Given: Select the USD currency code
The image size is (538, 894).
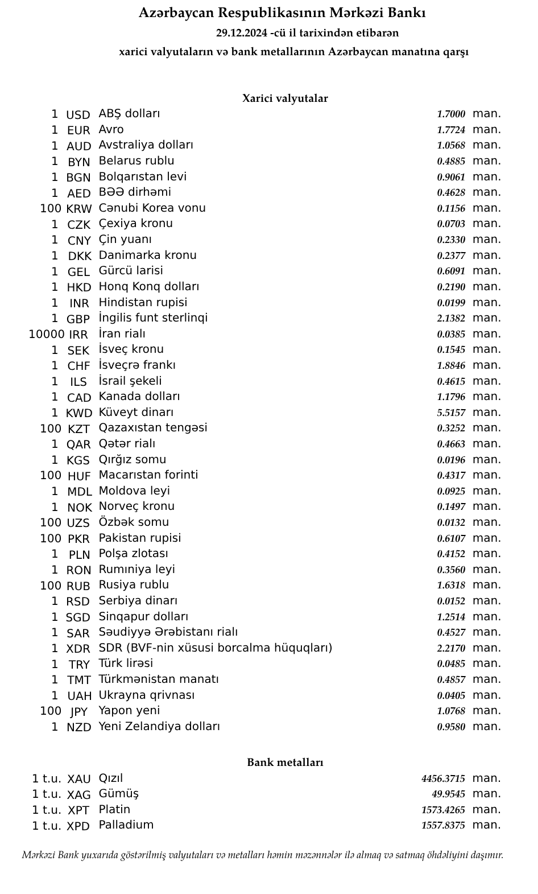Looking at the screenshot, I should pos(78,115).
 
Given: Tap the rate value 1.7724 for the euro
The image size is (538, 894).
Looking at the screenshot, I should pos(451,130).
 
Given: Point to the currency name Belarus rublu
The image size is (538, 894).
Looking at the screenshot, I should pos(136,161).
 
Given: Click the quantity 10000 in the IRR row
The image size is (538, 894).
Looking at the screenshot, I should pos(46,334).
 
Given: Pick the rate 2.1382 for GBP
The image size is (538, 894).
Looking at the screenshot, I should pos(451,318).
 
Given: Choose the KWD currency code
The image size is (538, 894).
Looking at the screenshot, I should pos(78,413).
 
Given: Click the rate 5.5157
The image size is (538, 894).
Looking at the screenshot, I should pos(451,413).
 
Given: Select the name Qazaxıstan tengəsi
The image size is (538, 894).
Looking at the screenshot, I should pos(153,428).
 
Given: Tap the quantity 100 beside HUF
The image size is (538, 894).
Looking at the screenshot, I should pos(51,475).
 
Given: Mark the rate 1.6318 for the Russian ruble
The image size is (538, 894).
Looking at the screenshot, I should pos(451,585).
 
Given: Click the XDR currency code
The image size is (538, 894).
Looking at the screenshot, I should pos(78,649).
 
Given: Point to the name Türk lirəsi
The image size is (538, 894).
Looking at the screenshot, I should pos(126,664).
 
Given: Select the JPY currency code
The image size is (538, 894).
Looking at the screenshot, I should pos(78,712).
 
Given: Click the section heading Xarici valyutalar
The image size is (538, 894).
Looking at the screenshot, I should pos(285,98).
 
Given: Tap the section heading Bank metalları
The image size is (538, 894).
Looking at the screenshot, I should pos(285,763).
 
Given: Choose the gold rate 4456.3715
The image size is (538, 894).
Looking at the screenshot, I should pos(443,778).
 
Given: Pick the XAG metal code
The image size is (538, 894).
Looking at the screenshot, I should pos(78,795).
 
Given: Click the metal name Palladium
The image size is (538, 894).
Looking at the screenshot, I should pos(126,825).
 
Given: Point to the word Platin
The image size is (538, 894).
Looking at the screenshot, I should pos(114,810).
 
